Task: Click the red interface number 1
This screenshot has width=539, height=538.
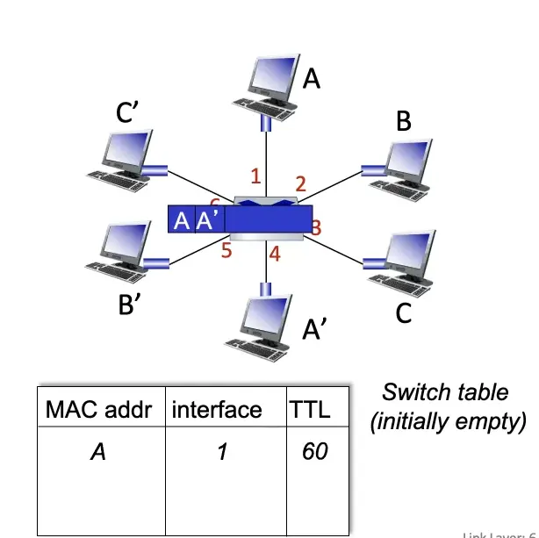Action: coord(255,176)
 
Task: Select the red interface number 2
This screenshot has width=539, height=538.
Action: coord(300,184)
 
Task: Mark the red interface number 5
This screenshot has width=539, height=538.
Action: coord(226,251)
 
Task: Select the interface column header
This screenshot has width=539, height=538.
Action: coord(216,409)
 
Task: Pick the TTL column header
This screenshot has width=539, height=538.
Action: coord(309,409)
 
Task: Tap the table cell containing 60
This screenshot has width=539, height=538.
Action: coord(314,451)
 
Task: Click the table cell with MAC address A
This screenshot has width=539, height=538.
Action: coord(99,451)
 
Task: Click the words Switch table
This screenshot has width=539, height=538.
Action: coord(445,391)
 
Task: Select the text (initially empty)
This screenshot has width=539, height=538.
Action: coord(448,421)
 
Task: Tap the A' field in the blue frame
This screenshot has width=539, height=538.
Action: coord(209,220)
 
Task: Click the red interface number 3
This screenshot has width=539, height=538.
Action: coord(316,228)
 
